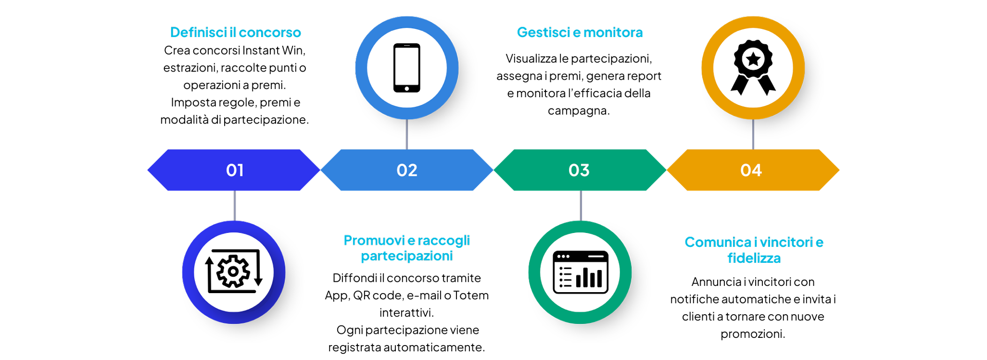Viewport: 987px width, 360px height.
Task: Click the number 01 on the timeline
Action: click(x=234, y=170)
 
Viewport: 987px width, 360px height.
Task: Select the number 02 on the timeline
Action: click(x=407, y=170)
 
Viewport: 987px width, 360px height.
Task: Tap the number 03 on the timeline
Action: click(x=579, y=170)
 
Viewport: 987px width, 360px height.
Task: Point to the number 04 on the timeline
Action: click(x=751, y=170)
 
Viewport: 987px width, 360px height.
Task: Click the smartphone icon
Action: click(x=407, y=67)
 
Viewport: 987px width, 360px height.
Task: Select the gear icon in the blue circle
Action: click(x=233, y=271)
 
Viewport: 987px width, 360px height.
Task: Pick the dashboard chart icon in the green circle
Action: click(x=580, y=272)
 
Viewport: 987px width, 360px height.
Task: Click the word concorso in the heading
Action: click(x=270, y=32)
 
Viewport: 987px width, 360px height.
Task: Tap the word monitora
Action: click(x=613, y=32)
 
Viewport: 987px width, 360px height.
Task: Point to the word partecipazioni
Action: click(x=407, y=256)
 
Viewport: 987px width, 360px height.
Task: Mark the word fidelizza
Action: click(x=754, y=258)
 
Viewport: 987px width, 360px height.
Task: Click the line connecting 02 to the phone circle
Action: click(x=407, y=134)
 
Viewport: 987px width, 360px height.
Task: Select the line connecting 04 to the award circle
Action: click(x=753, y=134)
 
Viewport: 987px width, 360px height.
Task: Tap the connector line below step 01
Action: click(x=235, y=206)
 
